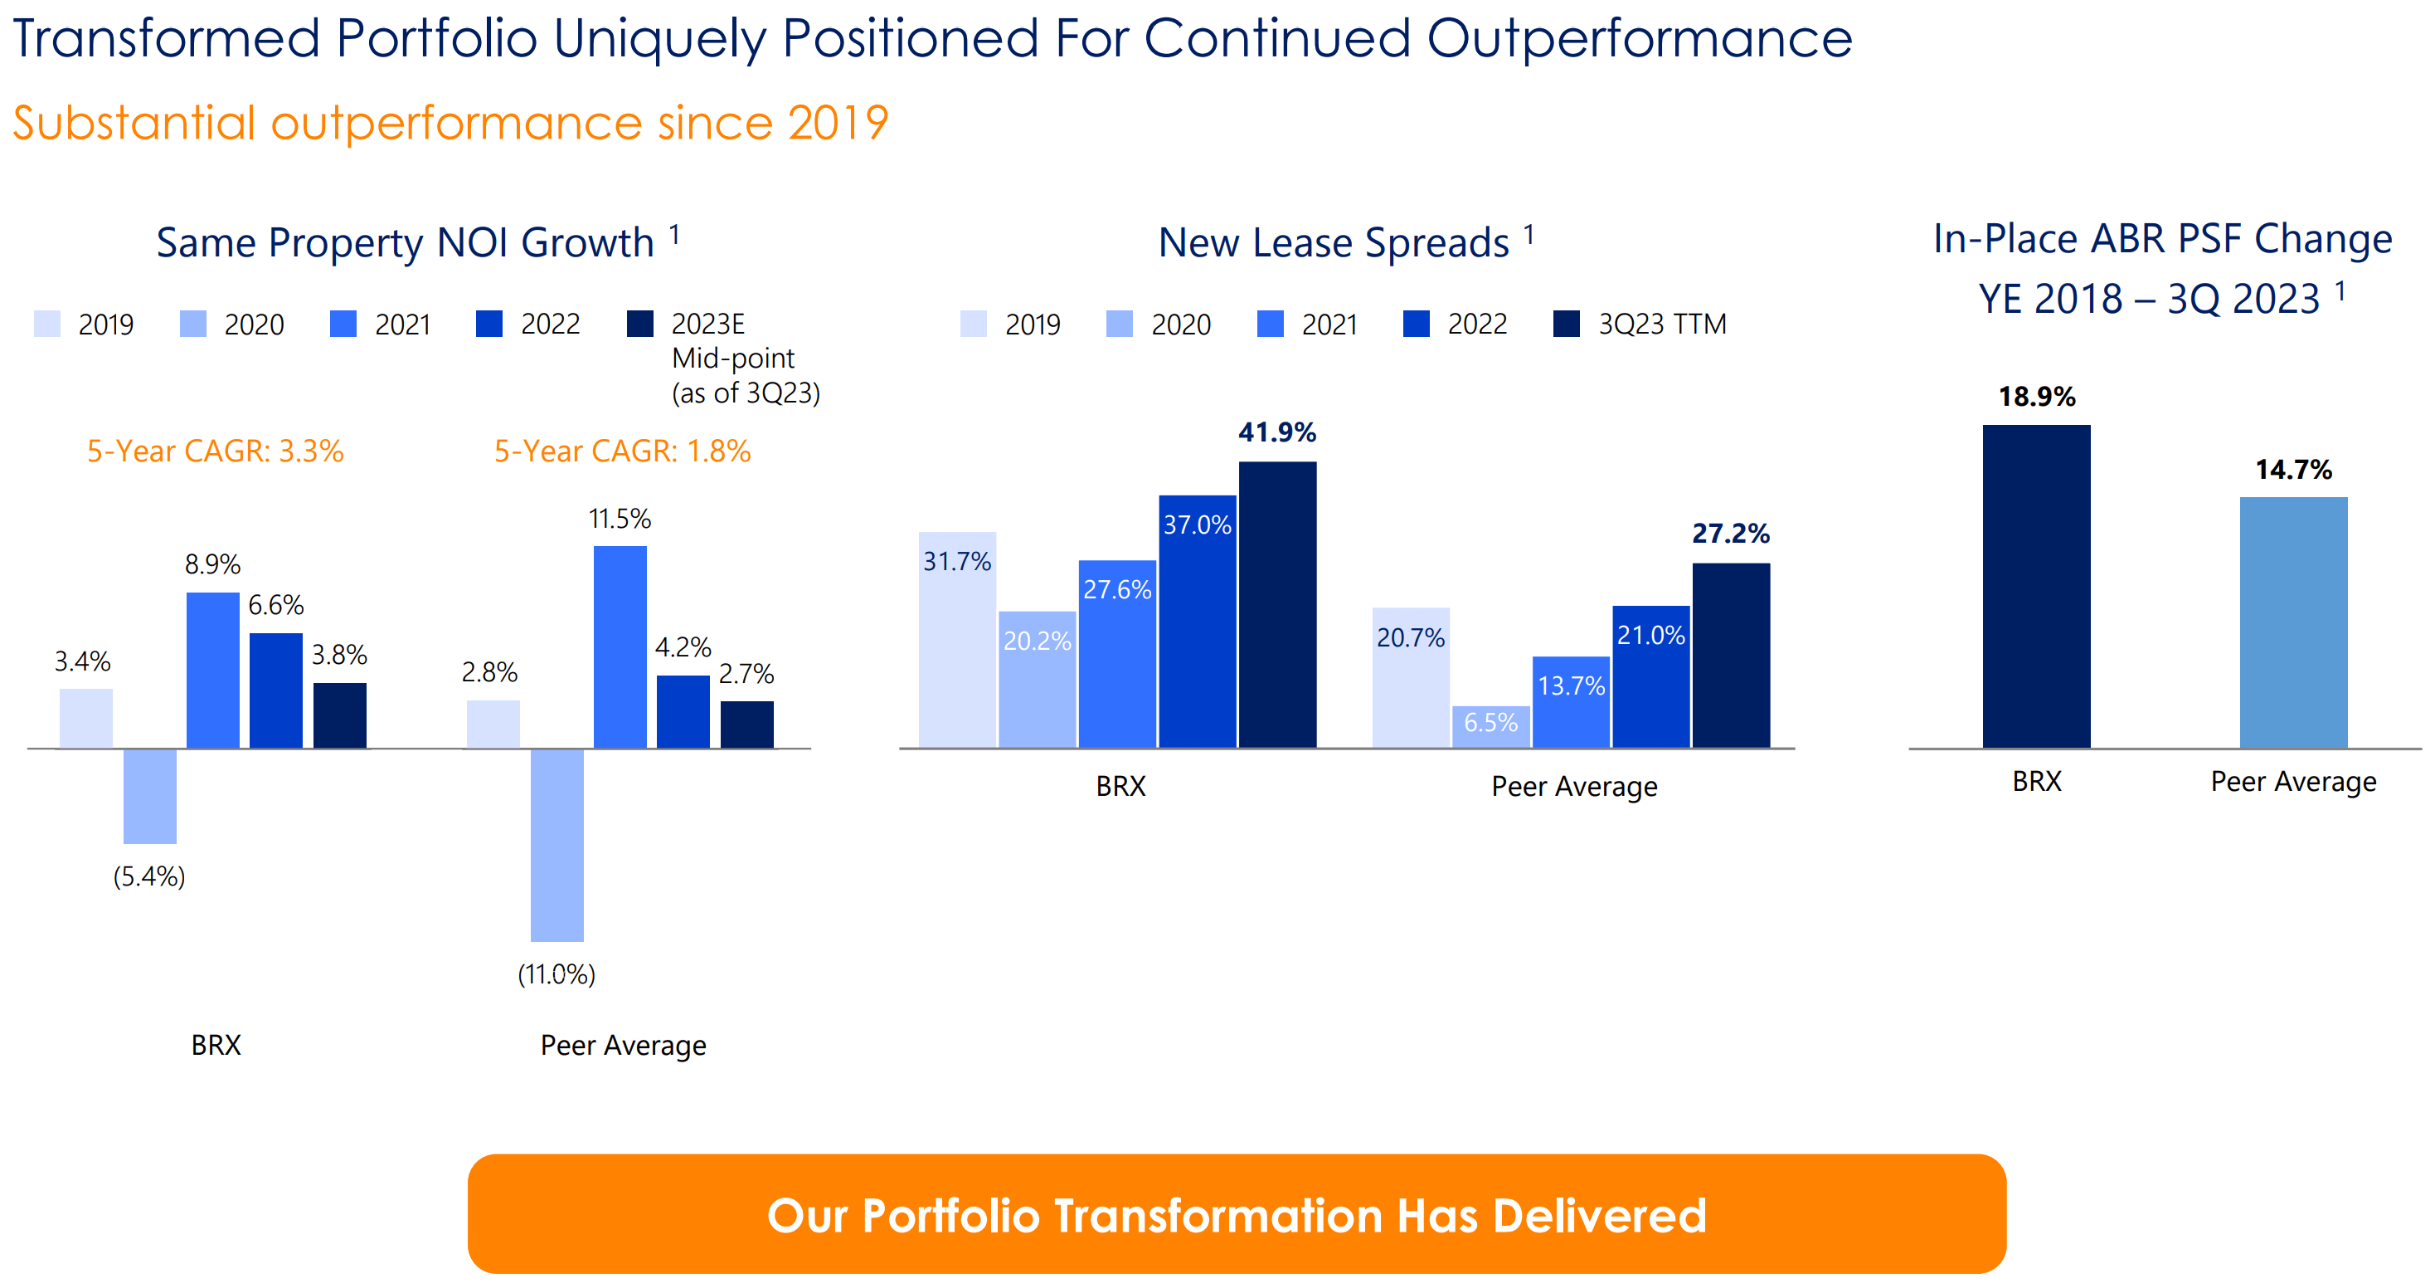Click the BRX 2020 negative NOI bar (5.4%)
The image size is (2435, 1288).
149,795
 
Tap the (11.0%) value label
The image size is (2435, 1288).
556,974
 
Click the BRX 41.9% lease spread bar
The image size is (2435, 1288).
1277,605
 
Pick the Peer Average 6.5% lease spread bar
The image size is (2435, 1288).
1490,727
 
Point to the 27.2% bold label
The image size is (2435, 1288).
1730,534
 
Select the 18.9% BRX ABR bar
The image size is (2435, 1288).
2036,586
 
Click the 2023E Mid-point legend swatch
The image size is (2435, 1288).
640,324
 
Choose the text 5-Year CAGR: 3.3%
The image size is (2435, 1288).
216,451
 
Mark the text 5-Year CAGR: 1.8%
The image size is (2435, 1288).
622,451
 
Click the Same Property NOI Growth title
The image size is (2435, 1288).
405,243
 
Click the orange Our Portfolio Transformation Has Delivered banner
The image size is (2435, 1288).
1237,1213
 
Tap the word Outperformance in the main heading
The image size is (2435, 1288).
1638,40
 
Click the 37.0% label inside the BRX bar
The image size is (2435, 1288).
1197,524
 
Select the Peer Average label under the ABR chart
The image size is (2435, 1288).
2292,781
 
